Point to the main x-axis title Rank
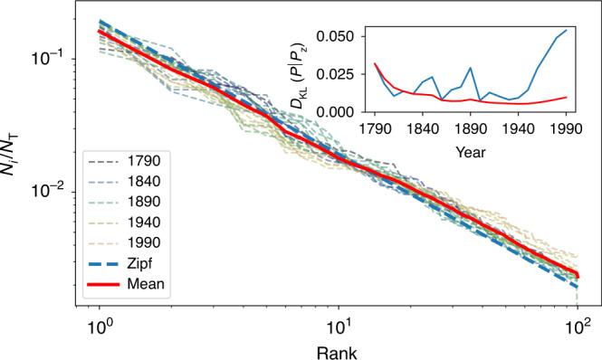pos(338,348)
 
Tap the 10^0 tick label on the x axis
pos(99,324)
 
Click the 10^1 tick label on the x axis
pos(338,324)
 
